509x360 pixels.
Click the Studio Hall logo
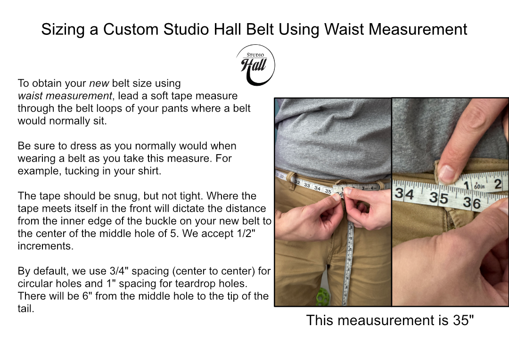pos(255,65)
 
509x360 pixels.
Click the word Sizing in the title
pos(64,29)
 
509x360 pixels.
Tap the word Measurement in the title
pos(418,29)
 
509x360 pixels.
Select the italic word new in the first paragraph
pos(99,83)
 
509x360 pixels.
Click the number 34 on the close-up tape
pos(404,194)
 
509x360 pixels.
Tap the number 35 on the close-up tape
pos(438,198)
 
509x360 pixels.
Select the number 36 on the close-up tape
pos(471,203)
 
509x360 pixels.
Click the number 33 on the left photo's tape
pos(307,186)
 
